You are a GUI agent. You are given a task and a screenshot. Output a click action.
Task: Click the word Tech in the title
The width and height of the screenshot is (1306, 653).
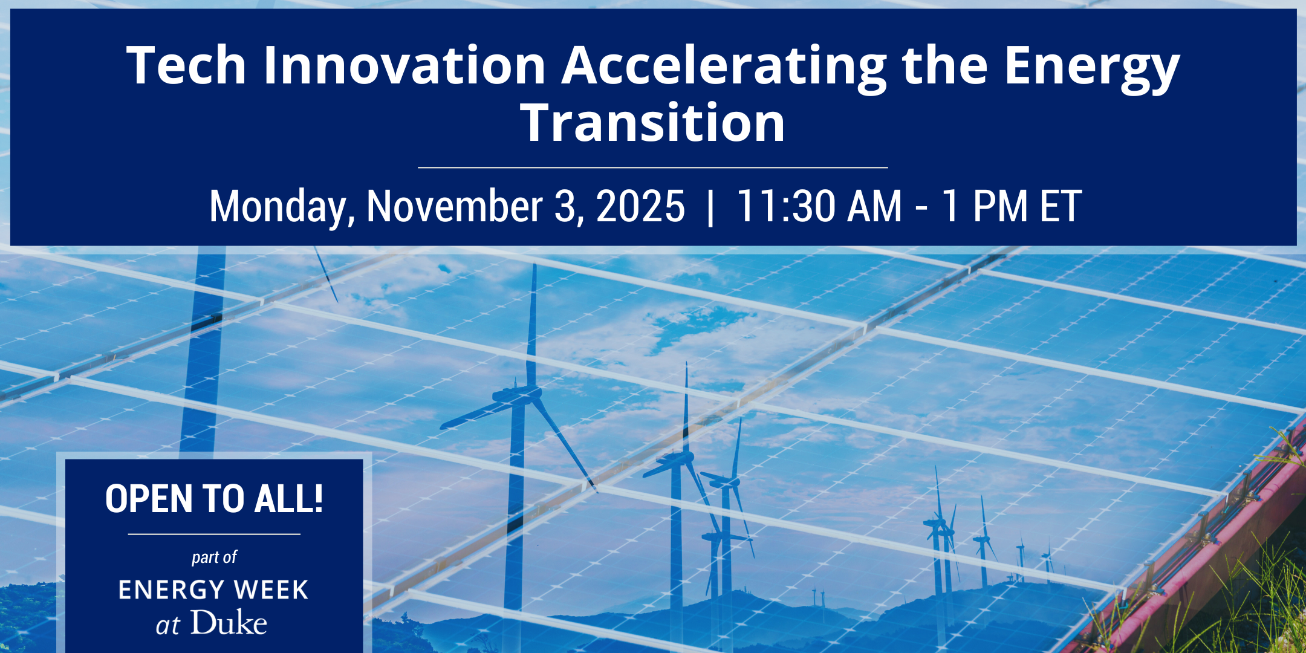pyautogui.click(x=186, y=65)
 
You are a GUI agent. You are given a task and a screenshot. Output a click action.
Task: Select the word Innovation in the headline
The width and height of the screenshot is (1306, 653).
pyautogui.click(x=404, y=65)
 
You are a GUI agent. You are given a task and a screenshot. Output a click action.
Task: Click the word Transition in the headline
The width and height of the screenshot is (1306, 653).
pyautogui.click(x=653, y=123)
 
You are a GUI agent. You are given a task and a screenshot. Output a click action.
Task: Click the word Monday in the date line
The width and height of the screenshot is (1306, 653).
pyautogui.click(x=282, y=207)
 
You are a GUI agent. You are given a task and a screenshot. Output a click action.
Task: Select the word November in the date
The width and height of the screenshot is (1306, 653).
pyautogui.click(x=454, y=206)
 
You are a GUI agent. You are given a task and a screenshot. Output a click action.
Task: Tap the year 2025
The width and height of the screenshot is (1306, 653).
pyautogui.click(x=640, y=206)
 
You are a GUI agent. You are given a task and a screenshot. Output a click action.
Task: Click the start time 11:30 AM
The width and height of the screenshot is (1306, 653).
pyautogui.click(x=819, y=206)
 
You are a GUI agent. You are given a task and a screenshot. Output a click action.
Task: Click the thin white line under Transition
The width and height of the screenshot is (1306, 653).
pyautogui.click(x=653, y=167)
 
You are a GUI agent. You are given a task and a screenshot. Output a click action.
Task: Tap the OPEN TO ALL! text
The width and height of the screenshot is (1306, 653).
pyautogui.click(x=214, y=499)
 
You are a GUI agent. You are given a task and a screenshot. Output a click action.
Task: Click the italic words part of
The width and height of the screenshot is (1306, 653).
pyautogui.click(x=214, y=557)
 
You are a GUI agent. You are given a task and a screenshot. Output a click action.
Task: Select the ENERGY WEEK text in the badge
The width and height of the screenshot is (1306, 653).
pyautogui.click(x=213, y=590)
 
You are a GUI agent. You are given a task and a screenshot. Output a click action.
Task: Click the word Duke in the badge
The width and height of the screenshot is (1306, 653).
pyautogui.click(x=229, y=623)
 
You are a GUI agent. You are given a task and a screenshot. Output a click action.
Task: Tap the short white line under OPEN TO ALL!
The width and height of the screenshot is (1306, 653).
pyautogui.click(x=214, y=534)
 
